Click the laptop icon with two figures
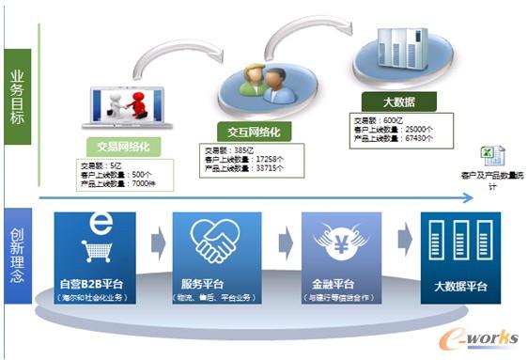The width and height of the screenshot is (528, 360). [x=123, y=108]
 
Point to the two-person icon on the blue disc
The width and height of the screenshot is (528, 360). [x=262, y=84]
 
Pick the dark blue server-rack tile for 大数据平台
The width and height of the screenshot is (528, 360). [x=461, y=245]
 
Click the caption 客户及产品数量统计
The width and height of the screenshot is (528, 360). [x=489, y=180]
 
